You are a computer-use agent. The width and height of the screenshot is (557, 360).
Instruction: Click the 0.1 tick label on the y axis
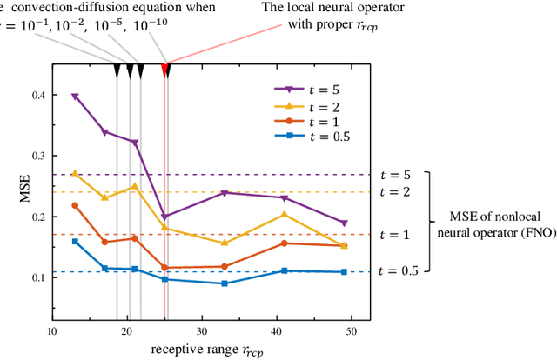(x=39, y=278)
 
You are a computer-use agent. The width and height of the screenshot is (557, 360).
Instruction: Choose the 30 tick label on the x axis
(x=202, y=331)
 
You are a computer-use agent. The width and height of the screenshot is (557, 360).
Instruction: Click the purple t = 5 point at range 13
(x=74, y=97)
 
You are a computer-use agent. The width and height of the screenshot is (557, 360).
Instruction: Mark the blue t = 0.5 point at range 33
(x=225, y=283)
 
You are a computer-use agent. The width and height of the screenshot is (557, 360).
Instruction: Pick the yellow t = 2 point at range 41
(x=285, y=214)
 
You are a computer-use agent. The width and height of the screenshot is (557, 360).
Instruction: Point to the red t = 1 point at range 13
(x=74, y=205)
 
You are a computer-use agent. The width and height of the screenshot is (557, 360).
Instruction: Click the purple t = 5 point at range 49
(x=345, y=223)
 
